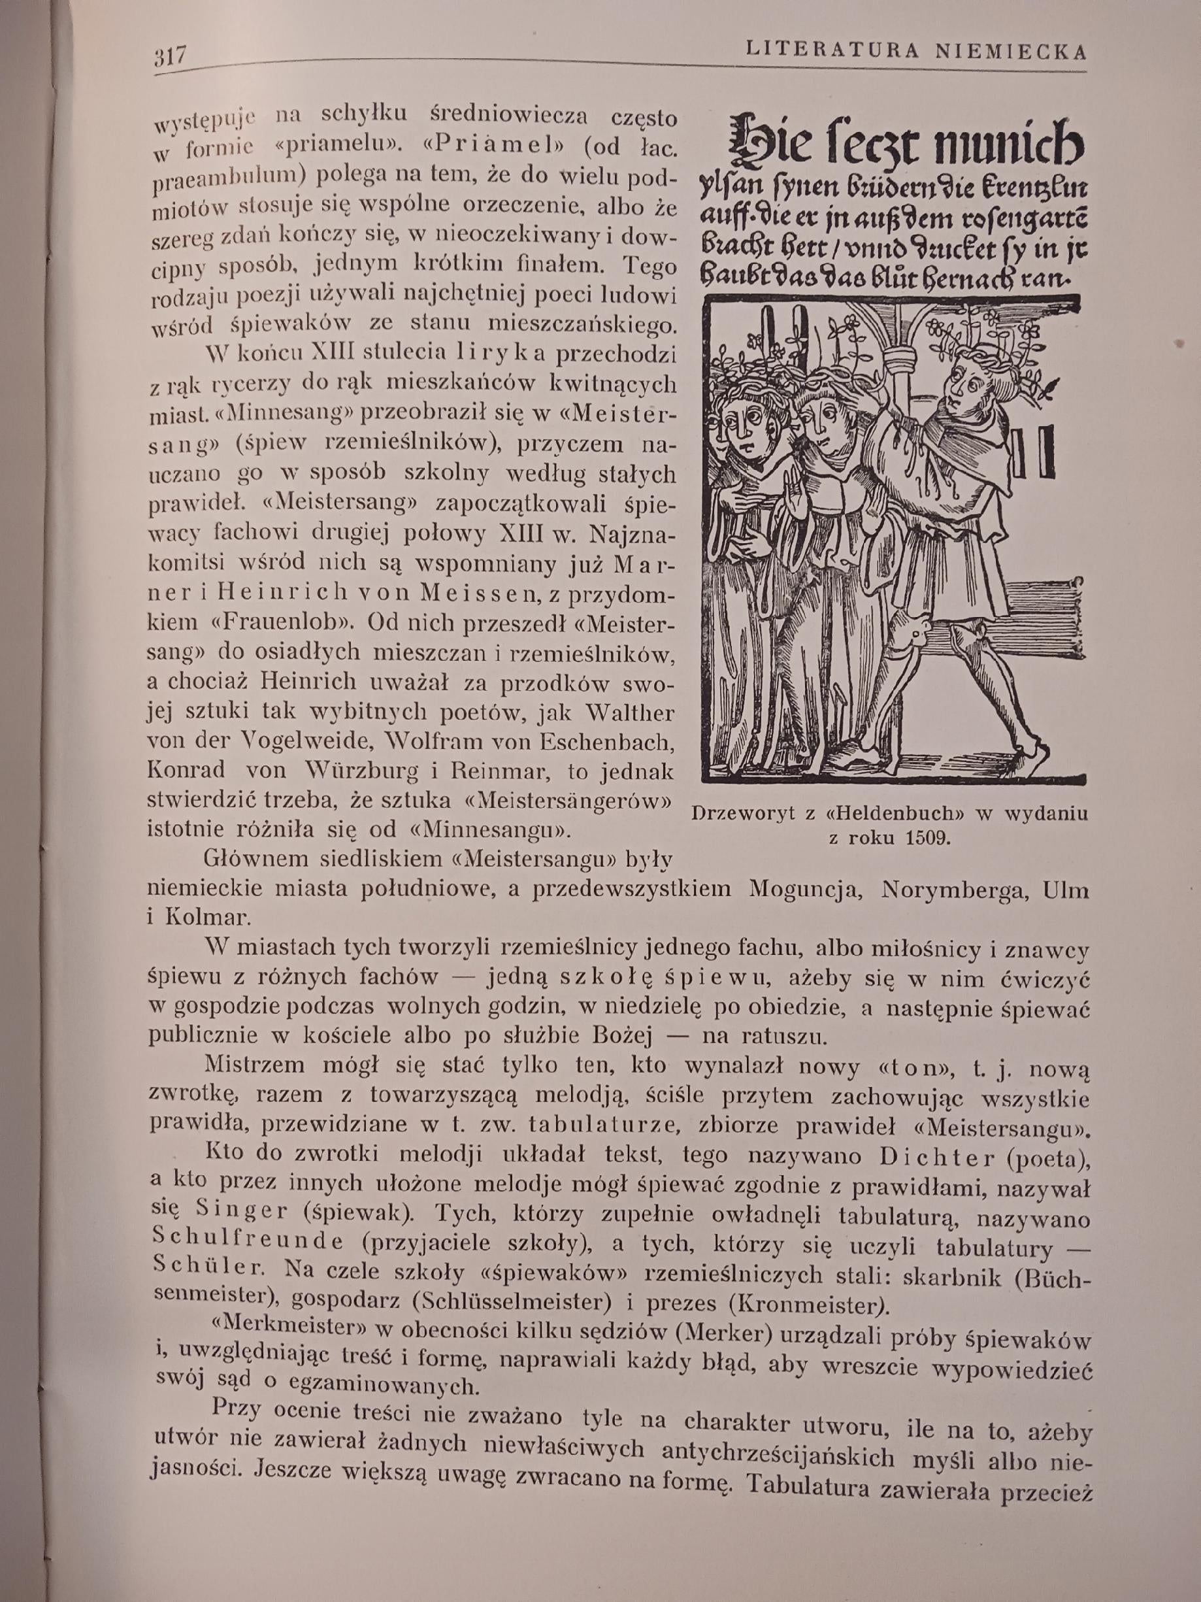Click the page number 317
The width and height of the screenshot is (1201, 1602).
coord(170,55)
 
